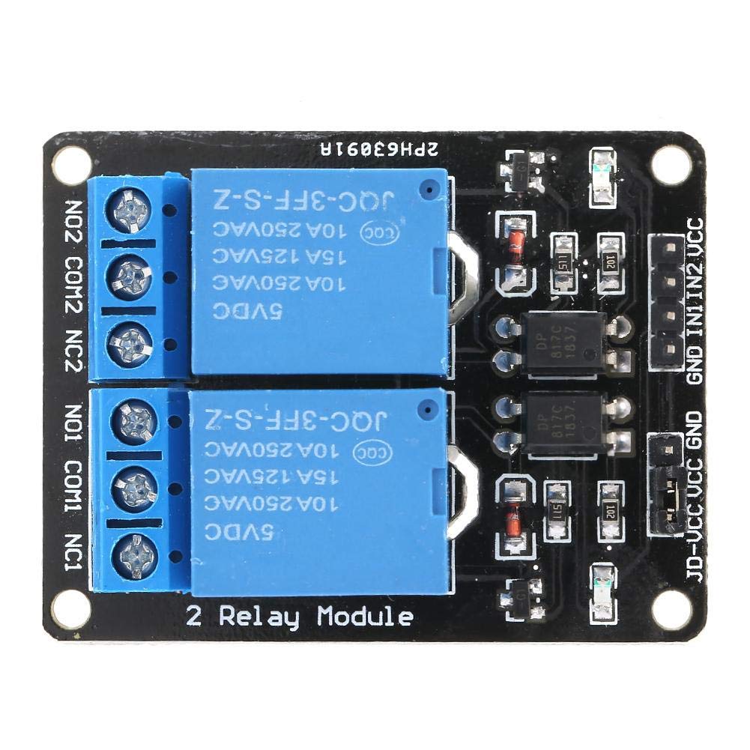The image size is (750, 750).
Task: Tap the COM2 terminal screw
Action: pos(136,277)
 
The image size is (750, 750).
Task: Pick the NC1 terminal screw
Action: pos(136,554)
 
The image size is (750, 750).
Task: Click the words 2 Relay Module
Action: pos(299,617)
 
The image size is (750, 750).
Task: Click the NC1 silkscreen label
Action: pos(75,553)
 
